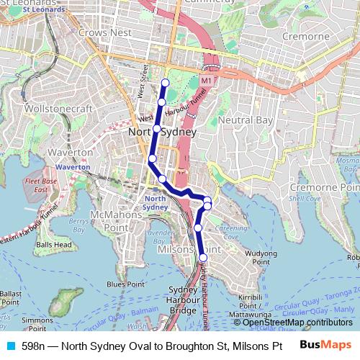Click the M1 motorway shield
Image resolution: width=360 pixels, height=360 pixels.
[x=206, y=81]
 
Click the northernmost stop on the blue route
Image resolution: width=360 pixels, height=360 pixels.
[x=165, y=82]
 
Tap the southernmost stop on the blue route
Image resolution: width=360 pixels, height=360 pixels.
[x=203, y=257]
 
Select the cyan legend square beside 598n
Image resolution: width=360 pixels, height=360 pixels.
[x=11, y=346]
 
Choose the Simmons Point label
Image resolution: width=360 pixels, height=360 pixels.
[x=34, y=323]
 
